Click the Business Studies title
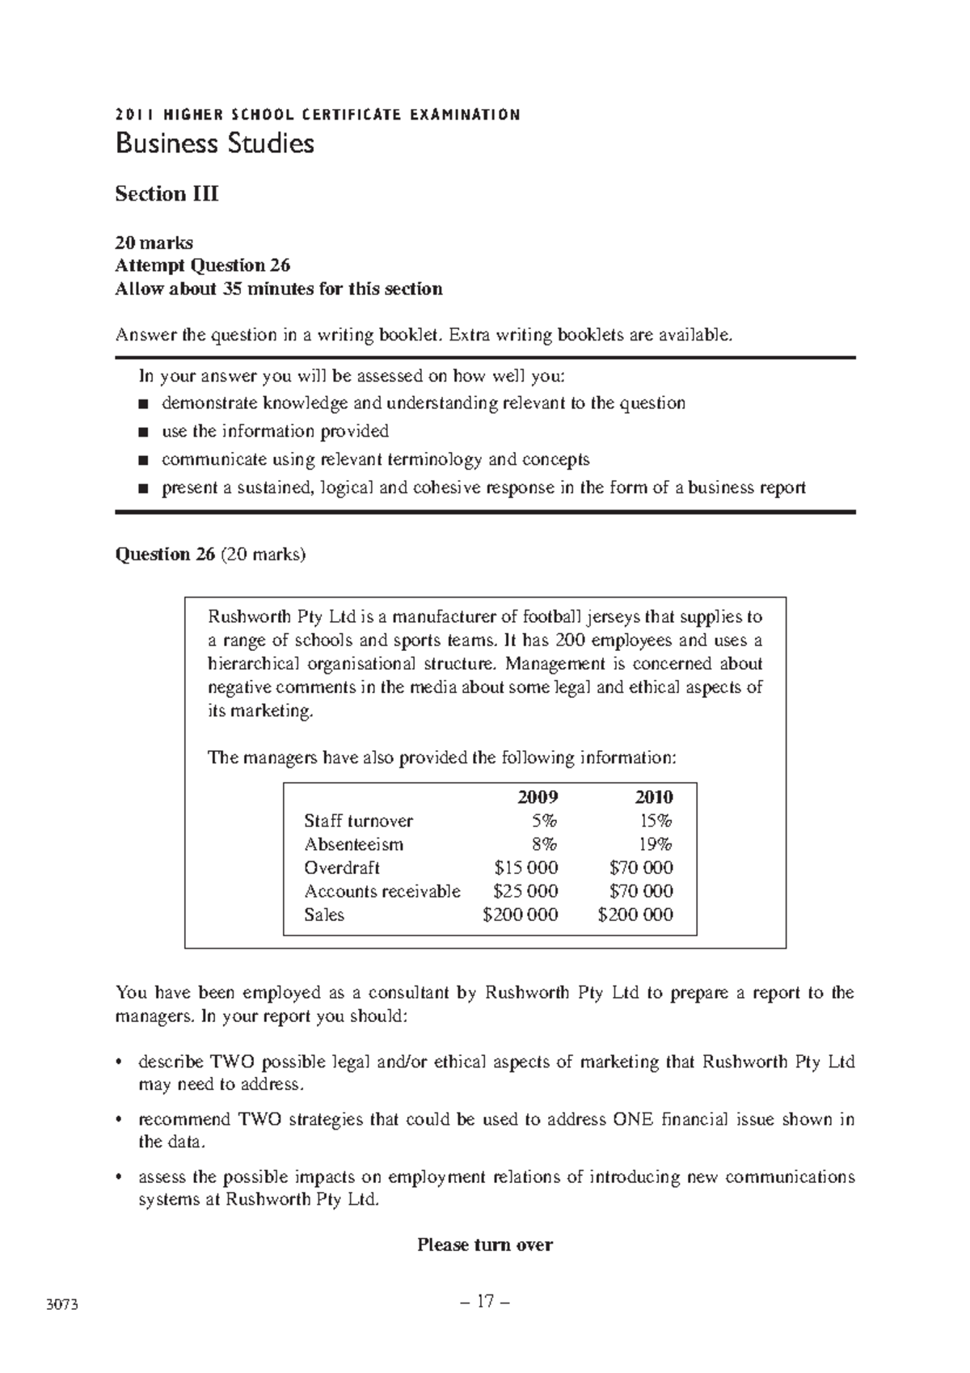[x=214, y=144]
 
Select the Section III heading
[x=167, y=194]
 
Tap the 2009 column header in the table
[x=538, y=796]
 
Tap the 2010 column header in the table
[x=653, y=796]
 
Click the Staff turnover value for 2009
[x=543, y=821]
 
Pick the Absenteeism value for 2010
[x=656, y=844]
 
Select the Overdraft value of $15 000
[x=525, y=868]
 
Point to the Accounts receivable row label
[x=382, y=891]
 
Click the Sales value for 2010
[x=635, y=915]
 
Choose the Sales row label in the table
[x=323, y=915]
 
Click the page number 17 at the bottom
[x=485, y=1302]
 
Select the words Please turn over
[x=485, y=1244]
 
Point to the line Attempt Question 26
[x=202, y=265]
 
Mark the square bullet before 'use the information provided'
[x=144, y=432]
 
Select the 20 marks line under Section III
[x=154, y=242]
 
